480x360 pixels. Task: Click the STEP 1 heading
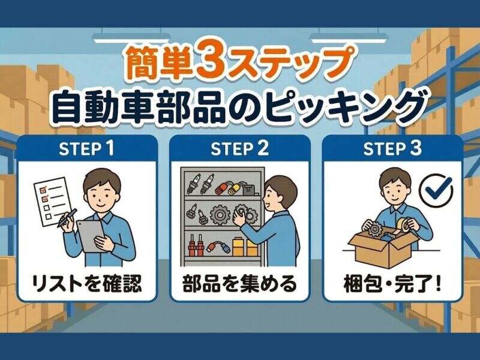point(86,148)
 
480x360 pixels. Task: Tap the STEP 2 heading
point(239,148)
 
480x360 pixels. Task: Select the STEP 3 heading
point(392,148)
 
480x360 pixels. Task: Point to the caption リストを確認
point(87,283)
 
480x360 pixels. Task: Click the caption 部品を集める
point(239,283)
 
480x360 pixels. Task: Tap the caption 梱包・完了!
point(392,283)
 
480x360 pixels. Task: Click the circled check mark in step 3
point(436,190)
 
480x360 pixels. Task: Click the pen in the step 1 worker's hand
point(67,218)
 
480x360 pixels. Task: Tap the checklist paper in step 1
point(52,203)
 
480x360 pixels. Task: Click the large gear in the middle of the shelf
point(219,215)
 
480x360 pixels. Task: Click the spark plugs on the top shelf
point(200,183)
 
